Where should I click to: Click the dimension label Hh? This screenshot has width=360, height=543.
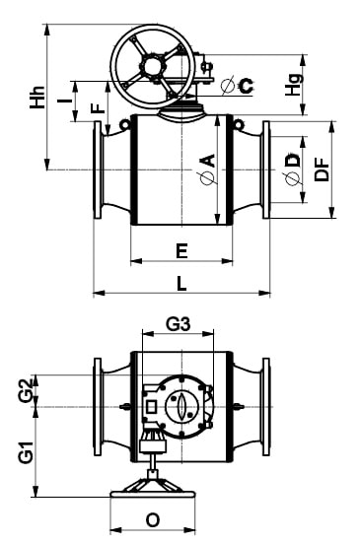click(37, 98)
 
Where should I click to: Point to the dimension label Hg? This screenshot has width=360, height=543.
click(294, 85)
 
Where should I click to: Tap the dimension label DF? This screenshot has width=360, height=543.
click(322, 170)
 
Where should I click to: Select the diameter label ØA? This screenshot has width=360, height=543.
click(208, 169)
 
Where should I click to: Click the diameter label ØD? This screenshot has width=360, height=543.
click(292, 170)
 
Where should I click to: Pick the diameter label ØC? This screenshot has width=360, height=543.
click(238, 85)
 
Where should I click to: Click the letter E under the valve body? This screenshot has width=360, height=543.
click(181, 251)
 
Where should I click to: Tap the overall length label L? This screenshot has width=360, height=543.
click(181, 284)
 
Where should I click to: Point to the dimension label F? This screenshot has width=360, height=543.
click(98, 108)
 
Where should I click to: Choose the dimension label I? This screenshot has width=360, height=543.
click(64, 101)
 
